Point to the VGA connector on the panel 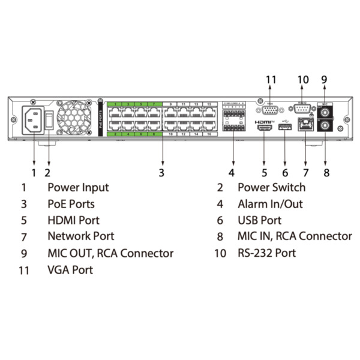[x=271, y=109]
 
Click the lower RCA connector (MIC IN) [x=325, y=127]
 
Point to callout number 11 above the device [x=271, y=79]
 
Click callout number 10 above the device [x=302, y=79]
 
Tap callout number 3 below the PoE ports [x=161, y=173]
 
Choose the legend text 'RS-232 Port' [x=266, y=253]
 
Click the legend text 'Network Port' [x=80, y=236]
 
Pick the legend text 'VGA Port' [x=70, y=270]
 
